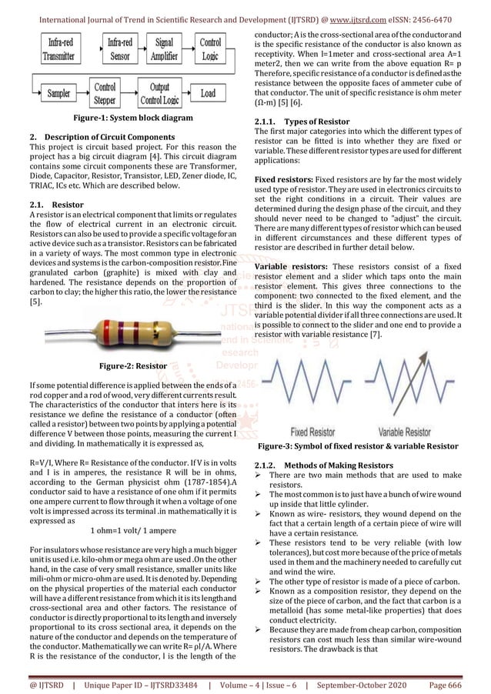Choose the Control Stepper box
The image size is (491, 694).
pyautogui.click(x=106, y=93)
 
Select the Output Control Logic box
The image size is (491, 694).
pyautogui.click(x=159, y=93)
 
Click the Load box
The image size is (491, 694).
pyautogui.click(x=208, y=94)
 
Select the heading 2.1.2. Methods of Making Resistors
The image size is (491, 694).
pyautogui.click(x=323, y=465)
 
